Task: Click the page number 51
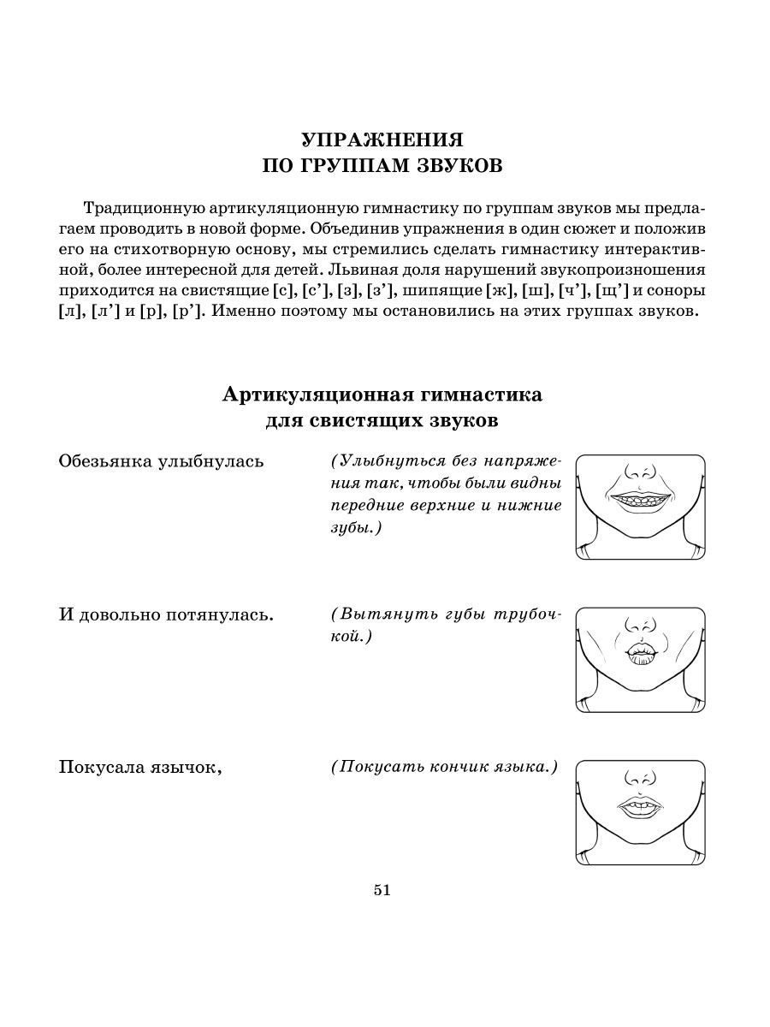(382, 890)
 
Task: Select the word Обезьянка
(104, 461)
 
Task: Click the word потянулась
(222, 614)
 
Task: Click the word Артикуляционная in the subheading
(316, 395)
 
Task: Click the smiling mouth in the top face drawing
(640, 501)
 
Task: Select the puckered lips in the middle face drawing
(640, 652)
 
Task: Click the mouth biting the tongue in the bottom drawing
(640, 807)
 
